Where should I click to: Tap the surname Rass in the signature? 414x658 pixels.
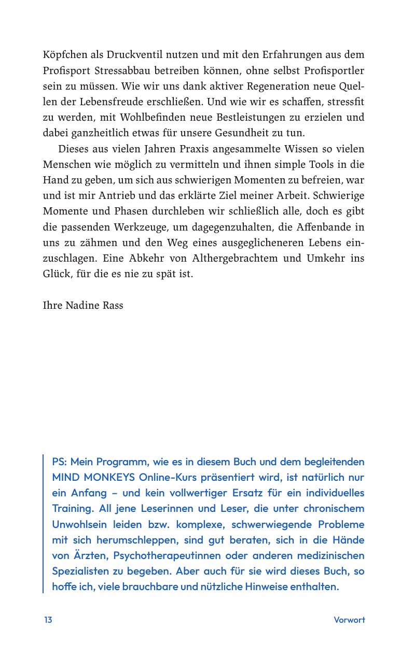113,305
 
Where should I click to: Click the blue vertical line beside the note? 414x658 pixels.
44,523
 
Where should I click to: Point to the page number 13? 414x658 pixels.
48,620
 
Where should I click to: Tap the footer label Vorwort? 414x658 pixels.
349,620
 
